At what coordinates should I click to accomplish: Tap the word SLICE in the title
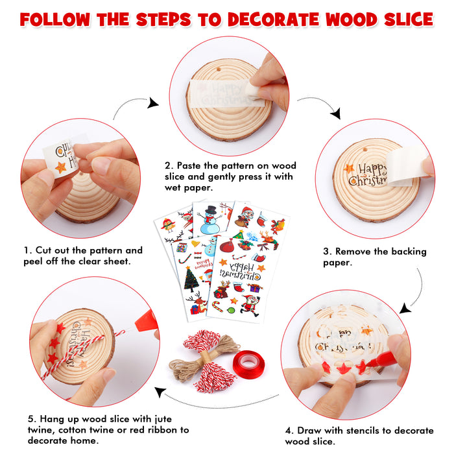tap(406, 19)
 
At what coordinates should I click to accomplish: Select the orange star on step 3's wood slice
tap(349, 169)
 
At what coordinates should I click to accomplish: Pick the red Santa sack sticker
tap(228, 245)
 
